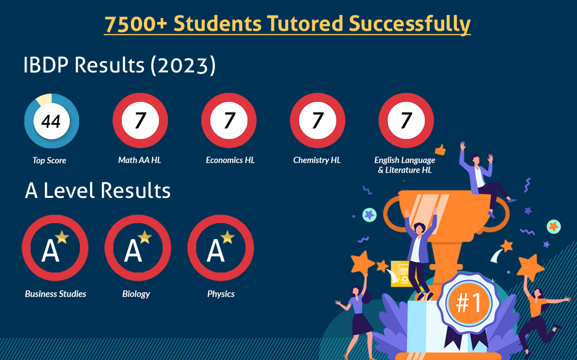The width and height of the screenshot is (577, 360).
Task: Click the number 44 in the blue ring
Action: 51,121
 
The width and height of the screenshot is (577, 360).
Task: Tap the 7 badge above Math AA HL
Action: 140,120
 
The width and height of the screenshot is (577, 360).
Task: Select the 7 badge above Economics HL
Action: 229,120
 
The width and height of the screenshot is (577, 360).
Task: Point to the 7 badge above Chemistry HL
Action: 318,120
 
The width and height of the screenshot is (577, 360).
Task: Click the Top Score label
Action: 49,160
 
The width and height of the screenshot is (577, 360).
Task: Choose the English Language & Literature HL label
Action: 405,165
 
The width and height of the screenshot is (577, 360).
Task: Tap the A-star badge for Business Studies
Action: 55,248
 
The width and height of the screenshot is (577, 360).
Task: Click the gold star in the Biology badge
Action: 145,237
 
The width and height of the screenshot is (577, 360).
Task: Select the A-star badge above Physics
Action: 221,248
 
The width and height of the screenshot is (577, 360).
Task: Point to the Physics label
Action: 221,294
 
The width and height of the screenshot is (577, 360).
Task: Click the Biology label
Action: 136,294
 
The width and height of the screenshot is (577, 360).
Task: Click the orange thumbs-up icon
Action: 440,150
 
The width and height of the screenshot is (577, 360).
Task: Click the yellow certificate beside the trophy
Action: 400,274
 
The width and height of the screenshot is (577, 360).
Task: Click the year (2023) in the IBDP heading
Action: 183,66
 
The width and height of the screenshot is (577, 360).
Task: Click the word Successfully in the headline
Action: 409,24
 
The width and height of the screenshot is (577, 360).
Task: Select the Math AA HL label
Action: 140,160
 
